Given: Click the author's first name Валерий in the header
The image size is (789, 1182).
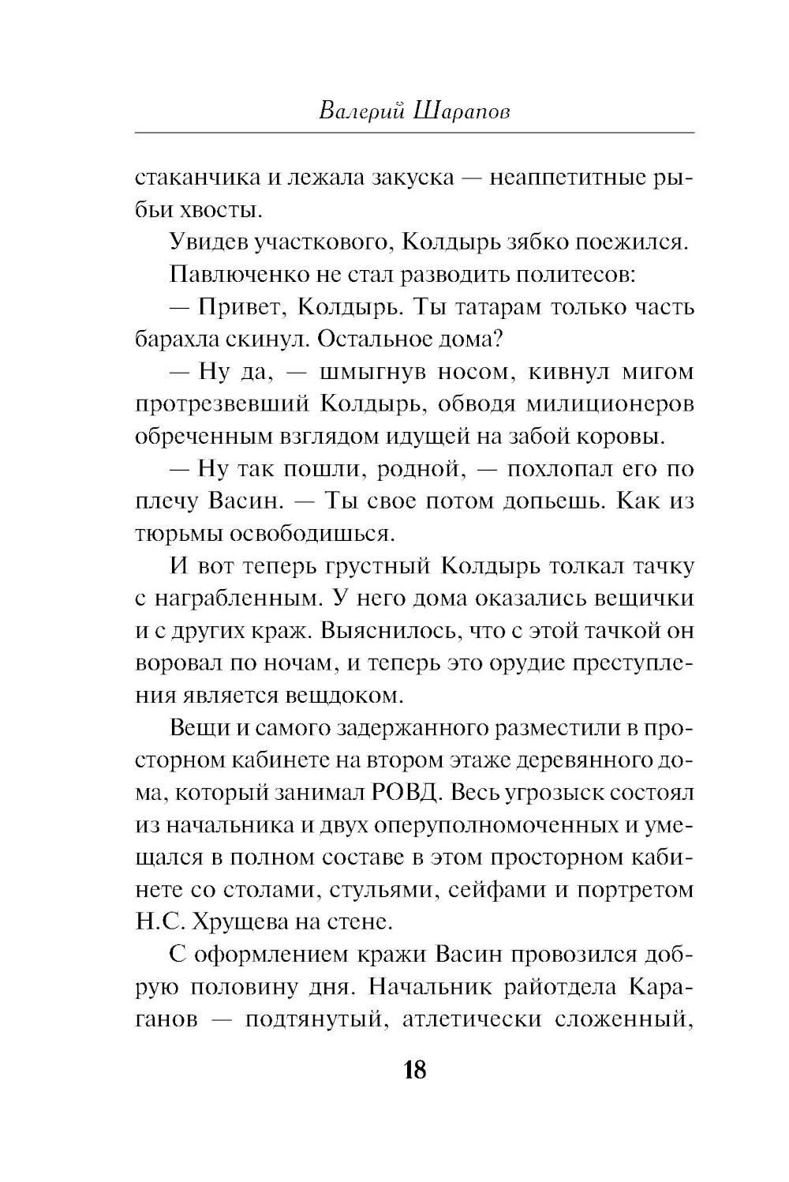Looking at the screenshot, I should click(x=357, y=111).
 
